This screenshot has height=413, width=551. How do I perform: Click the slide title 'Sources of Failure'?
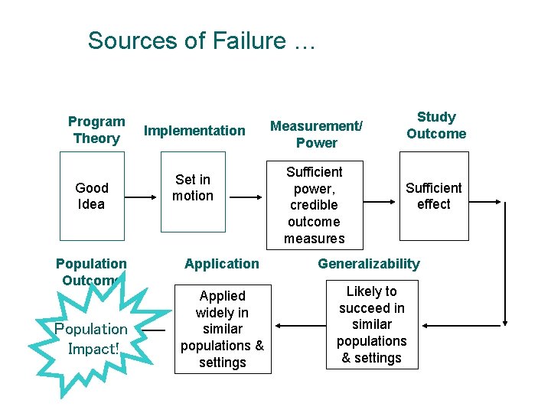[x=201, y=40]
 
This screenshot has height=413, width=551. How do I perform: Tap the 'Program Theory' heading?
[x=96, y=130]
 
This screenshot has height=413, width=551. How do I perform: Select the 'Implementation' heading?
[x=194, y=131]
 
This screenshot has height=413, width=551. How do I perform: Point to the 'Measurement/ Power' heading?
[x=316, y=134]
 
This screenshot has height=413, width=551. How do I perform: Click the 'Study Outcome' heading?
[x=435, y=125]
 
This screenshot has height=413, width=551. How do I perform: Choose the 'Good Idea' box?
[x=92, y=196]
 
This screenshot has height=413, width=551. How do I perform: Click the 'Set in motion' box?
[x=193, y=188]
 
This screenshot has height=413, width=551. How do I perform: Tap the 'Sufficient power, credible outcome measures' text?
[x=314, y=205]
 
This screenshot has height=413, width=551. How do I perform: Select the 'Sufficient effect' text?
[x=433, y=196]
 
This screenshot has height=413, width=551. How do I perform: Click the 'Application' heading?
[x=222, y=264]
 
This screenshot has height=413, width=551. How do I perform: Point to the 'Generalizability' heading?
[x=369, y=264]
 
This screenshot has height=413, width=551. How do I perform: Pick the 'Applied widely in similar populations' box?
[x=222, y=329]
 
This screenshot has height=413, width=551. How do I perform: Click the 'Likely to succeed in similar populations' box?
[x=371, y=325]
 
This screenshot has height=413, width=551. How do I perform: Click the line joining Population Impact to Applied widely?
[x=153, y=330]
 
